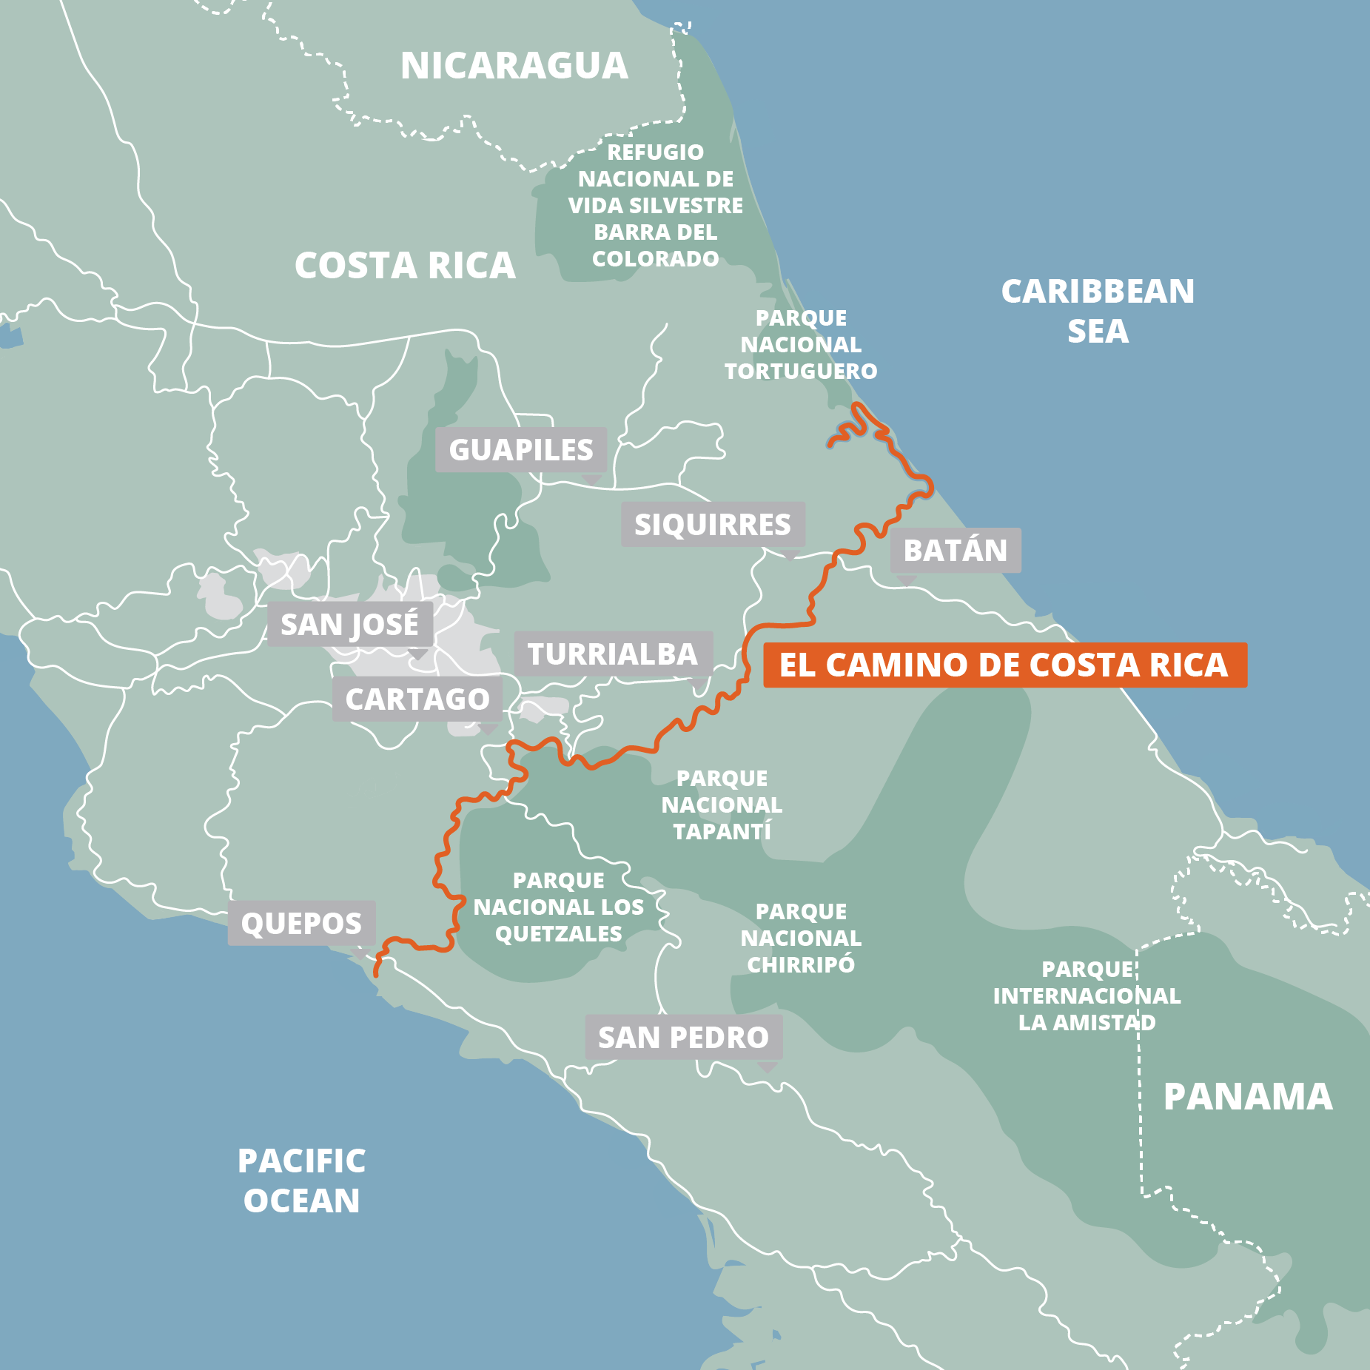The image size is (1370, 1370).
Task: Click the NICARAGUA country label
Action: pyautogui.click(x=514, y=66)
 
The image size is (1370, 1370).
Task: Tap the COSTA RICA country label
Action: pyautogui.click(x=405, y=266)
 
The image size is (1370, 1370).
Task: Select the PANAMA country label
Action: pyautogui.click(x=1248, y=1097)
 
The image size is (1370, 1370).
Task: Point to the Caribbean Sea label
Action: pyautogui.click(x=1098, y=311)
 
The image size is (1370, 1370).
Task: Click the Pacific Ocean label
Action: pyautogui.click(x=301, y=1181)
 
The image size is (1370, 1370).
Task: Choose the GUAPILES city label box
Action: pyautogui.click(x=521, y=450)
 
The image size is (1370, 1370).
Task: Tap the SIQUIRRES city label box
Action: pyautogui.click(x=713, y=525)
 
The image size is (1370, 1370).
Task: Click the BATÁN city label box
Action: pyautogui.click(x=956, y=551)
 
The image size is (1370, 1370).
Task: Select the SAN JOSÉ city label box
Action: pyautogui.click(x=349, y=625)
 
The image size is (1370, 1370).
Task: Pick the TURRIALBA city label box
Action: pyautogui.click(x=613, y=654)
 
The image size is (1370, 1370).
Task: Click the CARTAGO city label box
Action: pyautogui.click(x=417, y=699)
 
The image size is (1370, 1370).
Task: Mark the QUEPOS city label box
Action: pyautogui.click(x=301, y=924)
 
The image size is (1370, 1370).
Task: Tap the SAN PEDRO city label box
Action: pyautogui.click(x=683, y=1038)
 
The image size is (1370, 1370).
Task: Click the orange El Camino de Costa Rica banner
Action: pyautogui.click(x=1004, y=665)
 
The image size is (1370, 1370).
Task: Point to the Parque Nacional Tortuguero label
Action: pyautogui.click(x=801, y=345)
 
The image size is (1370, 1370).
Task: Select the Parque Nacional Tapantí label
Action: pyautogui.click(x=722, y=805)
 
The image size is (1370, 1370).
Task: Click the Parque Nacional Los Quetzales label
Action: pyautogui.click(x=559, y=907)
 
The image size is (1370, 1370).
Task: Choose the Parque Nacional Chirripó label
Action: pyautogui.click(x=801, y=938)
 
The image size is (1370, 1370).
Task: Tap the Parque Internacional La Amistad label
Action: pyautogui.click(x=1087, y=996)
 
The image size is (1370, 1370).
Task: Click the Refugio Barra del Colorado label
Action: pyautogui.click(x=656, y=206)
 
